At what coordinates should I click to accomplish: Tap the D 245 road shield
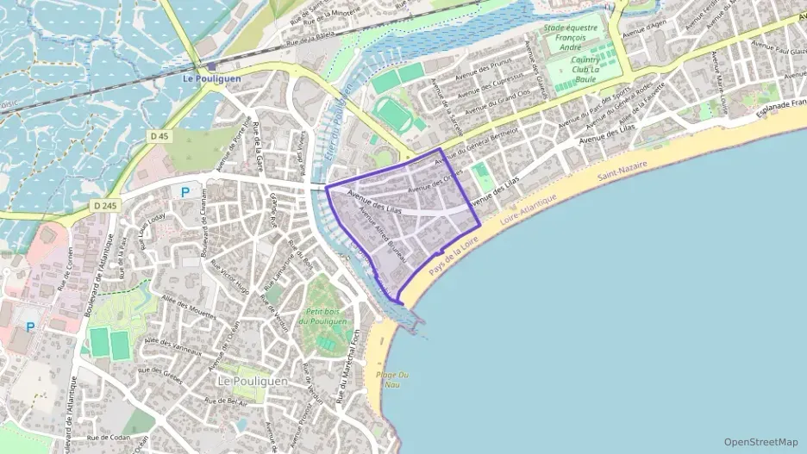pyautogui.click(x=103, y=205)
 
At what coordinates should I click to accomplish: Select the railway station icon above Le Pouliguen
pyautogui.click(x=211, y=65)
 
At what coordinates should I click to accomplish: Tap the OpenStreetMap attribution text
pyautogui.click(x=760, y=442)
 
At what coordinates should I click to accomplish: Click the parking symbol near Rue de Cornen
pyautogui.click(x=31, y=327)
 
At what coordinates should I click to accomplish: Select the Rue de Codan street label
pyautogui.click(x=107, y=438)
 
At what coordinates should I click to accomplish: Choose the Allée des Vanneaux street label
pyautogui.click(x=173, y=347)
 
